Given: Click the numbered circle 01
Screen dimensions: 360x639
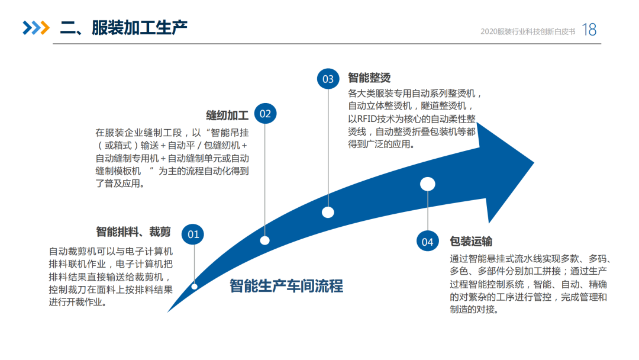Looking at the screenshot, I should click(x=193, y=234).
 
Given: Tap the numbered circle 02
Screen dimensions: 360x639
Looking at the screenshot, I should click(x=265, y=114).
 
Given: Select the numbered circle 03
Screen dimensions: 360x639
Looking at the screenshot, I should click(x=328, y=79).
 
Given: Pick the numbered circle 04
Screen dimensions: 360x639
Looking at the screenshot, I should click(x=427, y=242).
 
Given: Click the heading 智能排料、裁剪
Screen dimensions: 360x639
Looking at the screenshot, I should click(x=133, y=232).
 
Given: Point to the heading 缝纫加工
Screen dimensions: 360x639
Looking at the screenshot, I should click(x=227, y=114).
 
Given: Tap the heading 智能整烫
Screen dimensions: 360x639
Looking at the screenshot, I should click(x=369, y=78).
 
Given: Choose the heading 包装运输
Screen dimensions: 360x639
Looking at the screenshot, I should click(x=471, y=241).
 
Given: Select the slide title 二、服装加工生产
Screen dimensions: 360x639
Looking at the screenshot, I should click(x=124, y=27).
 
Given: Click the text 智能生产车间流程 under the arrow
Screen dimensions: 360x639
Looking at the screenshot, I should click(x=286, y=286).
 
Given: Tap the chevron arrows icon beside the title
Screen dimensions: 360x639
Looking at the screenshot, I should click(x=36, y=28).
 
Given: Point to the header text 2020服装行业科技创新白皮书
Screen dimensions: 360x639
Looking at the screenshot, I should click(x=528, y=31).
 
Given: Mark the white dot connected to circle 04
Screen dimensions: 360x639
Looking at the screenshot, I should click(x=427, y=184).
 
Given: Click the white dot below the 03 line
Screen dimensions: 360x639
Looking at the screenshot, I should click(x=328, y=212).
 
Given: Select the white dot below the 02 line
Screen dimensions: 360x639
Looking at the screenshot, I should click(x=265, y=240).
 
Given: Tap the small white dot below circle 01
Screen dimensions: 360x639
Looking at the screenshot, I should click(x=194, y=287).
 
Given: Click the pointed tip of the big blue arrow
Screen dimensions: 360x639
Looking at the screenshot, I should click(x=534, y=162).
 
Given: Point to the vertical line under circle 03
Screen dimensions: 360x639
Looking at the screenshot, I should click(x=328, y=148).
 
